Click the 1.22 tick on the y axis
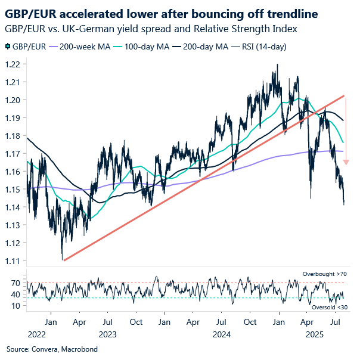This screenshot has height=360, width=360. pyautogui.click(x=14, y=64)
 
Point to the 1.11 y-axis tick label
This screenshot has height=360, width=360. pyautogui.click(x=14, y=261)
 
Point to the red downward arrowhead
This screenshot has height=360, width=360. pyautogui.click(x=346, y=162)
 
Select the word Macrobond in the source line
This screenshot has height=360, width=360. pyautogui.click(x=69, y=348)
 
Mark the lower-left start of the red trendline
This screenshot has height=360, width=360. pyautogui.click(x=63, y=260)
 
